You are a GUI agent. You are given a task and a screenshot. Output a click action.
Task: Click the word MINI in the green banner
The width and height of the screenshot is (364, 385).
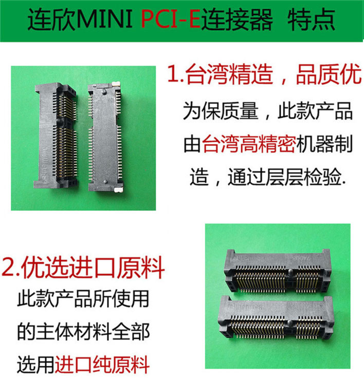105,19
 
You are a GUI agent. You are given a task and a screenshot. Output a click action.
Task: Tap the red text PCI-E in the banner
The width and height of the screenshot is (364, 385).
171,19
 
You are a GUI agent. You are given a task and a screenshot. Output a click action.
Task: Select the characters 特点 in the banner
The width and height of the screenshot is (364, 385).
312,20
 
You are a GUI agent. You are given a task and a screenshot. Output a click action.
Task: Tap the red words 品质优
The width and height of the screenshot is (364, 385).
329,74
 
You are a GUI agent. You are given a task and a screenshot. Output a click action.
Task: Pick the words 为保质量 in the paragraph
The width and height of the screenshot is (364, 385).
221,111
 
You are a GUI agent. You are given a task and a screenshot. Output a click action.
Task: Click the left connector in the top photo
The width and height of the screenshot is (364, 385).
56,137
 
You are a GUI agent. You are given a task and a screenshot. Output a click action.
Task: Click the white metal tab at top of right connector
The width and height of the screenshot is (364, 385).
116,84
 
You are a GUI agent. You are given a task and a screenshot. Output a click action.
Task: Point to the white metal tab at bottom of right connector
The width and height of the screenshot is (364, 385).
119,189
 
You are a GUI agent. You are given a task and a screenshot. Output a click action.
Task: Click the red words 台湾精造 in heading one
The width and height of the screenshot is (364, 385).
229,74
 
